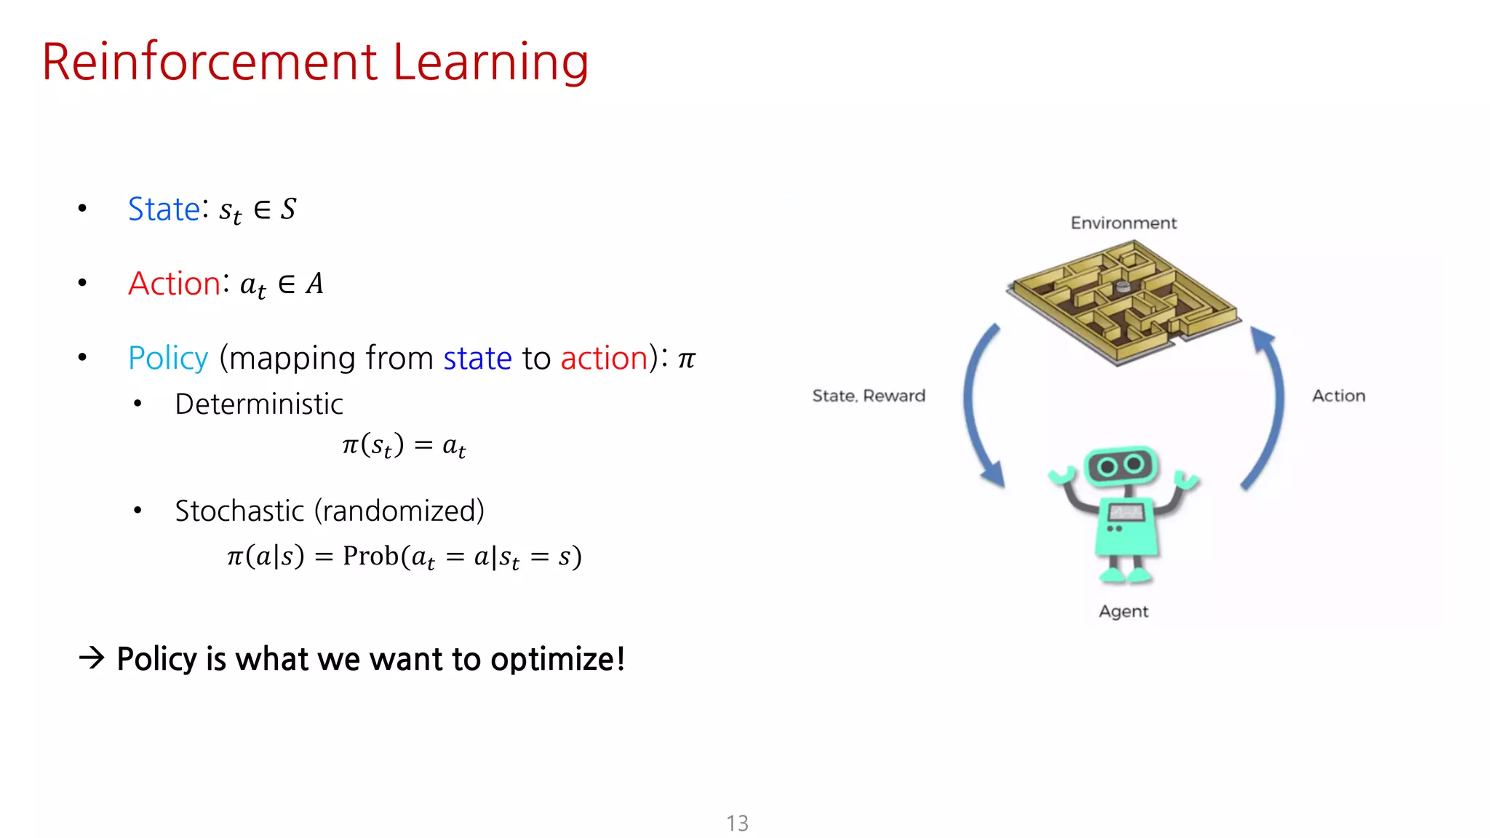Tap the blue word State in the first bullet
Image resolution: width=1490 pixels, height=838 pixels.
[x=164, y=209]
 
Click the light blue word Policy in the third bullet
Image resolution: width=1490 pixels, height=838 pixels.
[x=168, y=359]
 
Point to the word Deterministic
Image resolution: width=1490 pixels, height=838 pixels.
[x=259, y=404]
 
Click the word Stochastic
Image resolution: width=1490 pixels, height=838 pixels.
[x=239, y=511]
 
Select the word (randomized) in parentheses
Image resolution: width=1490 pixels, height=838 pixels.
[x=399, y=511]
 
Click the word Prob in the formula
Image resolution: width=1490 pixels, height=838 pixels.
[x=370, y=556]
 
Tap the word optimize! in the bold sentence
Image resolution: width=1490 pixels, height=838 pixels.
[x=557, y=659]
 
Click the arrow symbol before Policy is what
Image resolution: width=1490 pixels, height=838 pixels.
[x=92, y=658]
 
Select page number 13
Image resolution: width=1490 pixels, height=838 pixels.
[x=737, y=823]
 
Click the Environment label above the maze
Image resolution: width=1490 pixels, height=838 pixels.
[x=1123, y=223]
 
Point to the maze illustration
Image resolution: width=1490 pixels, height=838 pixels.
[x=1123, y=302]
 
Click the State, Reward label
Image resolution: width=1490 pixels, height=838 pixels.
[x=869, y=396]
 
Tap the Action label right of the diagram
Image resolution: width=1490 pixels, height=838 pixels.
[x=1339, y=396]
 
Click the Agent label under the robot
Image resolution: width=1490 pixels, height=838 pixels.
[x=1123, y=611]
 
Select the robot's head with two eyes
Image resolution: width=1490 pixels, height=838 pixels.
[x=1120, y=466]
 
